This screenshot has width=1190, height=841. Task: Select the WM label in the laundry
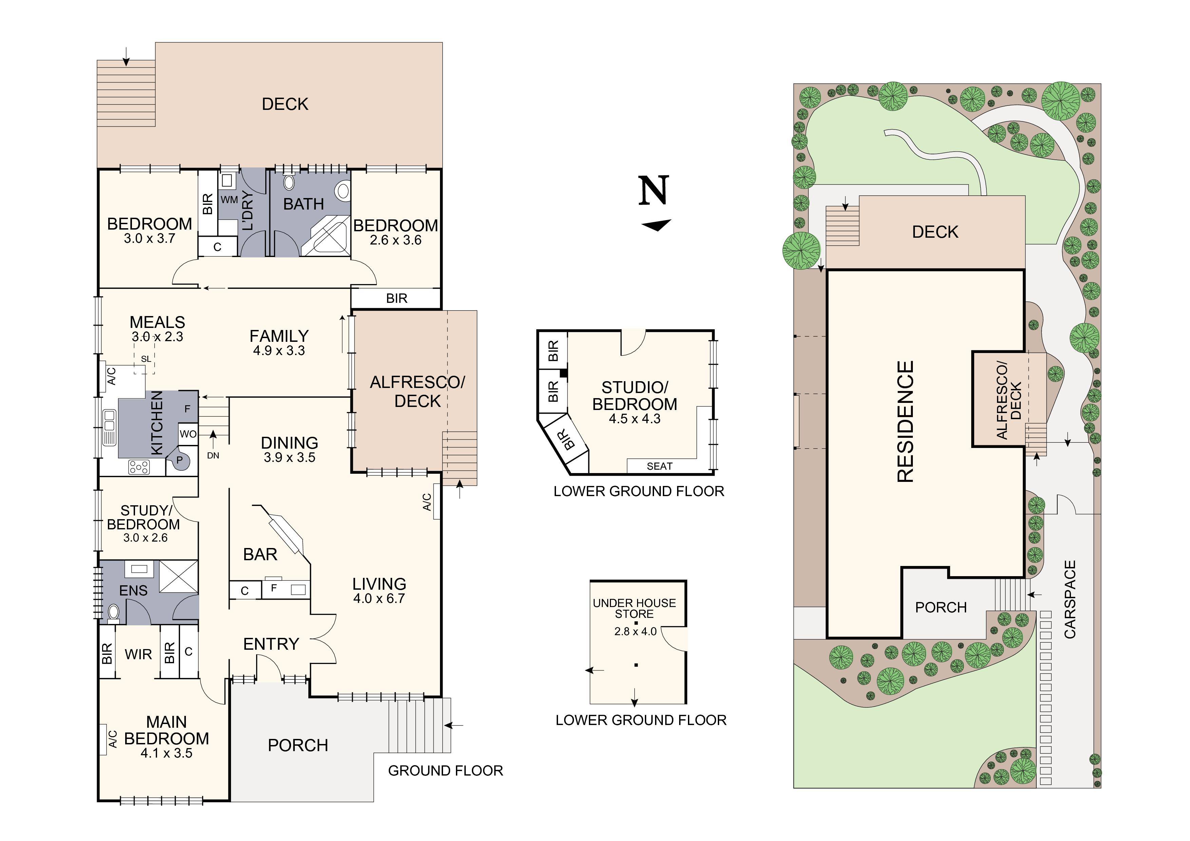(229, 199)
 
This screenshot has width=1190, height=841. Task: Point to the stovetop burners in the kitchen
(139, 467)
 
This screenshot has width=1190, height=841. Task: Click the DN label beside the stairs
(213, 455)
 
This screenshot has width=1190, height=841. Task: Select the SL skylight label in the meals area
(146, 358)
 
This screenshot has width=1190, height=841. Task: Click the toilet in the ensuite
(114, 613)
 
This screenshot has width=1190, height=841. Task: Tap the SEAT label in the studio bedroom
(659, 466)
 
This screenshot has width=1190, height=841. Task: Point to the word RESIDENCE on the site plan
(905, 422)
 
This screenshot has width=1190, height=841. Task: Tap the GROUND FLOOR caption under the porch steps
(445, 770)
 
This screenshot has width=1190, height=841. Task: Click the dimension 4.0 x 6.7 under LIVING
(379, 599)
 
